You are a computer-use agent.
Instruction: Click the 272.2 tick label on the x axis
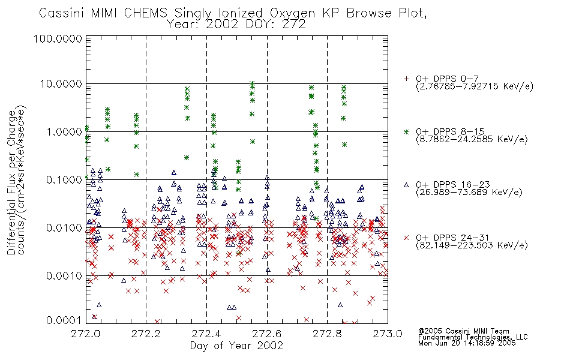[x=146, y=334]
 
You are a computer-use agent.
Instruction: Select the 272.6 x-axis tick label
[x=267, y=334]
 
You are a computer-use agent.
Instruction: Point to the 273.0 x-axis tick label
[x=388, y=334]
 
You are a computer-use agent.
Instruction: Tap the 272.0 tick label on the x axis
[x=86, y=334]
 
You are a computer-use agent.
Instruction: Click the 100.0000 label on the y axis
[x=58, y=38]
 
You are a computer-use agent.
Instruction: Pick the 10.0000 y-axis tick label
[x=61, y=84]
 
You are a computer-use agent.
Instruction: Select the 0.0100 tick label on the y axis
[x=64, y=228]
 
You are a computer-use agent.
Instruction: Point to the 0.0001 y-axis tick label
[x=64, y=320]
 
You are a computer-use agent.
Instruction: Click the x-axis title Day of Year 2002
[x=236, y=346]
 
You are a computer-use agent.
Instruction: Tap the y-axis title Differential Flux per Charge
[x=11, y=182]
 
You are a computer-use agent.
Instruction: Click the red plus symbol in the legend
[x=406, y=79]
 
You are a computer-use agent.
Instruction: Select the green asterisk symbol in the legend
[x=406, y=131]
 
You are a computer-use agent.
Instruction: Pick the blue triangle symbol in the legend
[x=406, y=185]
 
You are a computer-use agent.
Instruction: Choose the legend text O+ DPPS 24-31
[x=452, y=238]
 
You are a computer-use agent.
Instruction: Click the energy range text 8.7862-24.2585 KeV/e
[x=472, y=139]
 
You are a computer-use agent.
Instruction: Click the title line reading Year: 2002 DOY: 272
[x=236, y=25]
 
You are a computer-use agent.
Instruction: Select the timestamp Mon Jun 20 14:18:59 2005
[x=467, y=343]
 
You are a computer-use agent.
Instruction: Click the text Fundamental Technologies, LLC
[x=473, y=337]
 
